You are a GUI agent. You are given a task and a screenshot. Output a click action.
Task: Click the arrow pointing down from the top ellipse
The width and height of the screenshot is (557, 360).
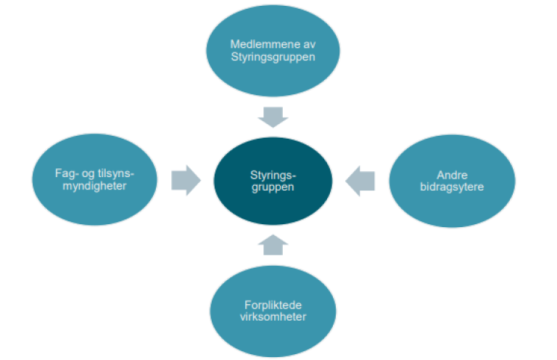pos(273,116)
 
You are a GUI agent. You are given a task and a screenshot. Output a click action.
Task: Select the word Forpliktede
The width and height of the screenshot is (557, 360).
pos(273,305)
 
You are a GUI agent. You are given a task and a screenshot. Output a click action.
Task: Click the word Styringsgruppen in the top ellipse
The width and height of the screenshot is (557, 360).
pos(273,57)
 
